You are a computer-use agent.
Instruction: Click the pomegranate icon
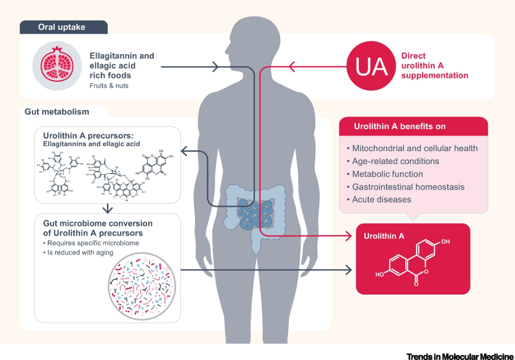(x=57, y=65)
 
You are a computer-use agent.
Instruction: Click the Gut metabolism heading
(x=57, y=112)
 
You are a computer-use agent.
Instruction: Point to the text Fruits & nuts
(x=109, y=86)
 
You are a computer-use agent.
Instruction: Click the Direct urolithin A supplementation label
(x=434, y=66)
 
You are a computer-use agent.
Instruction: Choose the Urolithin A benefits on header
(x=400, y=126)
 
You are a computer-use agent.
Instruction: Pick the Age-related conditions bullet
(x=395, y=161)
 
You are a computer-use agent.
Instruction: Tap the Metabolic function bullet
(x=387, y=174)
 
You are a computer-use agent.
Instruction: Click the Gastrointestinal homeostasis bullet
(x=408, y=187)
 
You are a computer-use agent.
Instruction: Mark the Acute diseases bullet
(x=381, y=200)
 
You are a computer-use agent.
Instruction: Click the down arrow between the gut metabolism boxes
(x=108, y=208)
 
